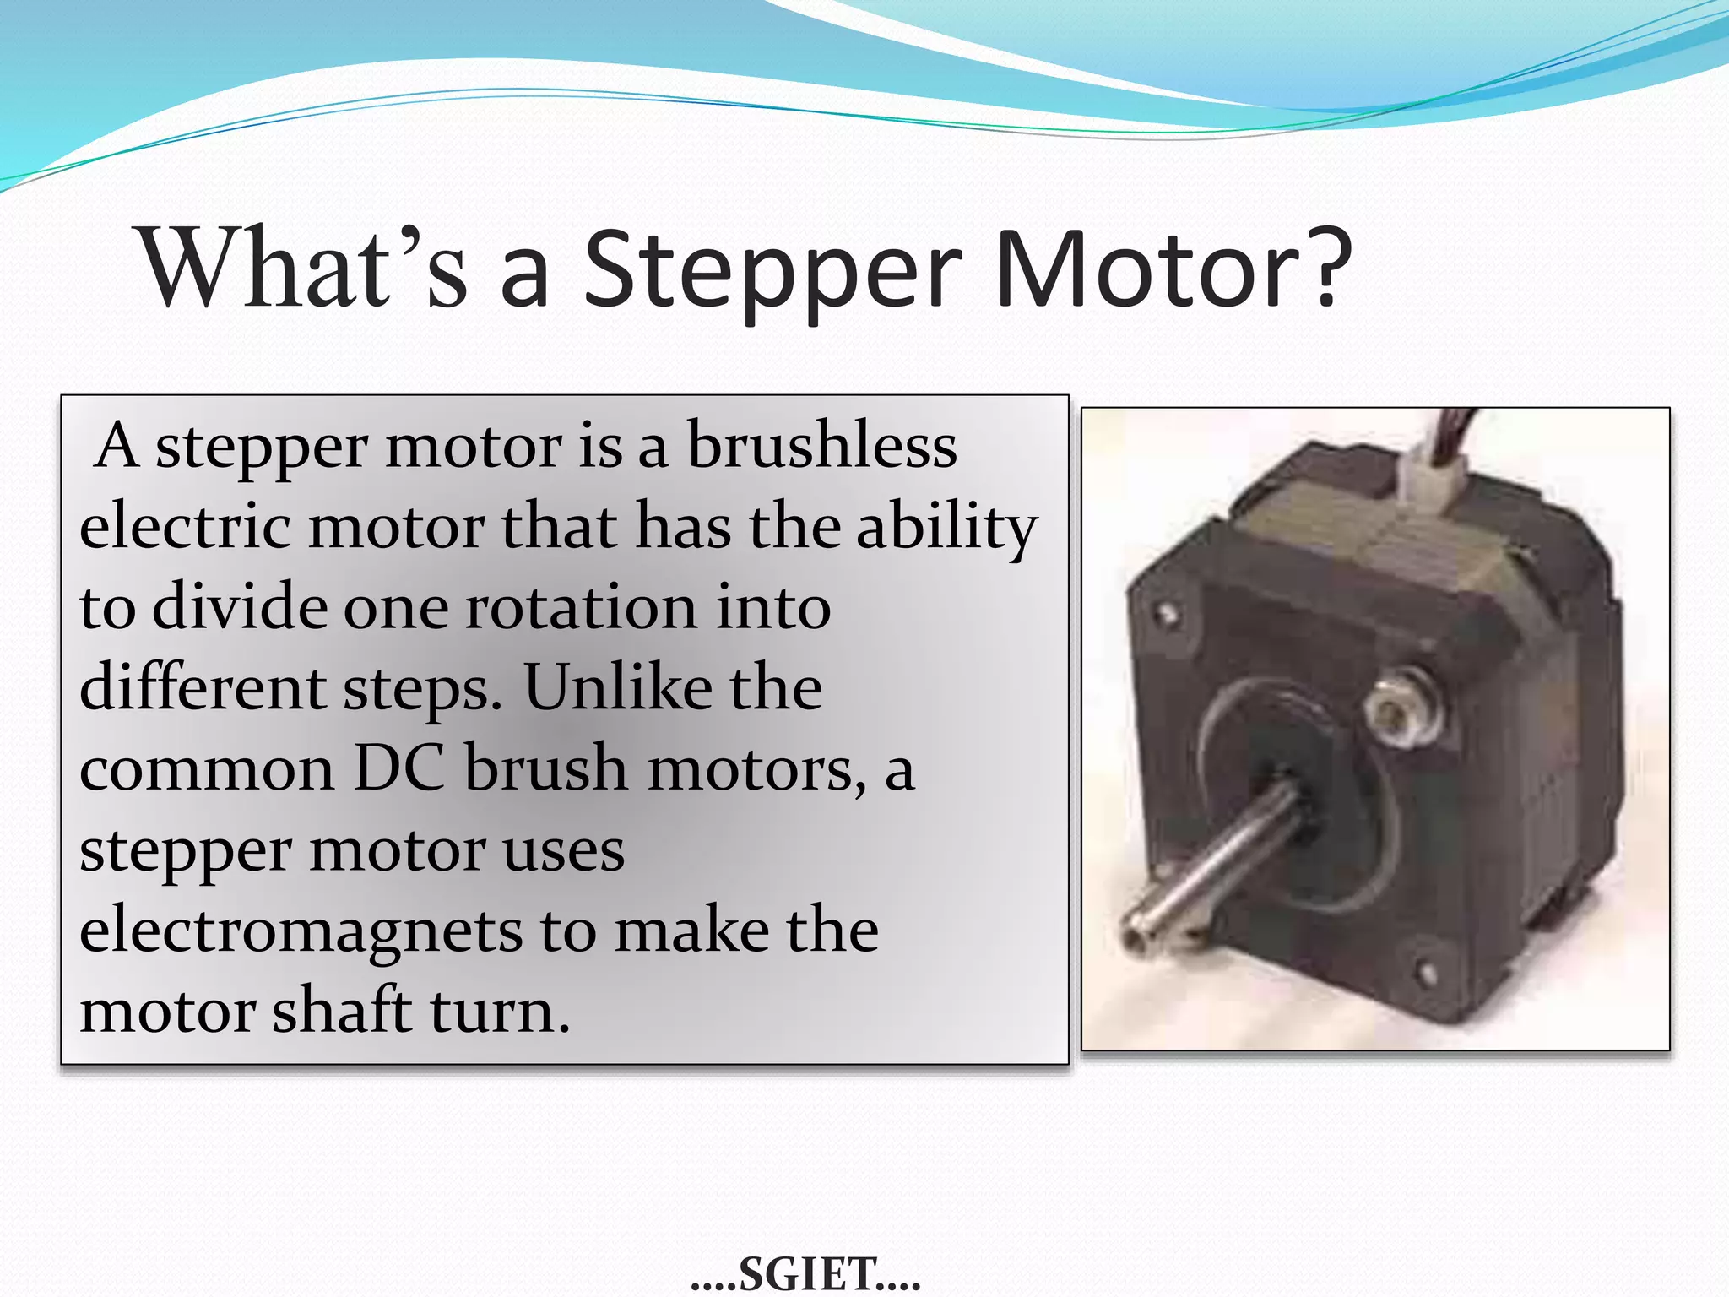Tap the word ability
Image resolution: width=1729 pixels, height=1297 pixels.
coord(946,529)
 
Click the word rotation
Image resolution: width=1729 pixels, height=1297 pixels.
coord(580,607)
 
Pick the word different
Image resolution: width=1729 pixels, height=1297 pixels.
coord(202,687)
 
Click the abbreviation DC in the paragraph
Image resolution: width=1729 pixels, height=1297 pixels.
coord(398,768)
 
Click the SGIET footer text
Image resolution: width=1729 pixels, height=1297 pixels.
coord(805,1273)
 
